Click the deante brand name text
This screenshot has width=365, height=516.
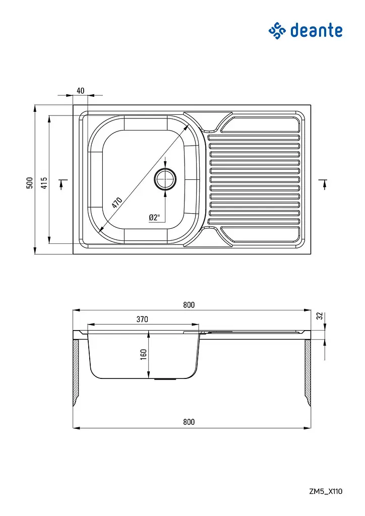pos(316,31)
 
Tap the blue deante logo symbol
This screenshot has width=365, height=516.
pos(277,31)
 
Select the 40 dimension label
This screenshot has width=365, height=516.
pos(80,91)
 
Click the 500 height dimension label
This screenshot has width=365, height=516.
pos(30,182)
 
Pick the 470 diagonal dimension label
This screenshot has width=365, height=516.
pos(117,203)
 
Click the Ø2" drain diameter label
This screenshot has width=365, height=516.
pos(154,217)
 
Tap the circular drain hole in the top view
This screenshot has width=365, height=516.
pos(165,179)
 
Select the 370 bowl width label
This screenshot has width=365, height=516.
pos(142,319)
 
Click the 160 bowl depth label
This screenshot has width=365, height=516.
pos(143,354)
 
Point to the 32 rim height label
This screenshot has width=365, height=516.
pos(319,316)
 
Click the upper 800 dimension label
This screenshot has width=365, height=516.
pos(189,305)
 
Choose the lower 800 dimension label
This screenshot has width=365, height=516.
pos(189,422)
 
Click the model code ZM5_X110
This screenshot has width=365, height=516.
pos(326,491)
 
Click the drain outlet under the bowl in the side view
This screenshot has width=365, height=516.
pos(165,379)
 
